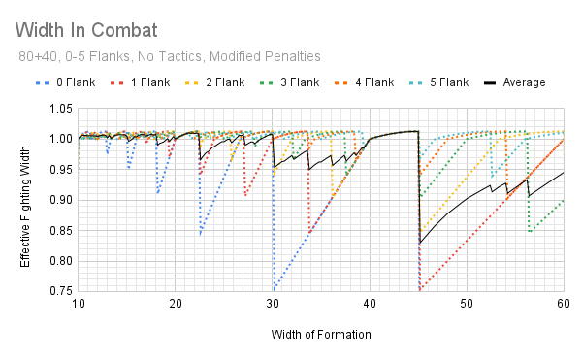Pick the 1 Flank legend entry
[148, 82]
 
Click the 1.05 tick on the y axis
[59, 108]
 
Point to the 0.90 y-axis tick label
[59, 199]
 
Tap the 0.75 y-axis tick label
[59, 290]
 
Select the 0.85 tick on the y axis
[59, 230]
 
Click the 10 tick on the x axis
[79, 304]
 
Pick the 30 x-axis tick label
[273, 304]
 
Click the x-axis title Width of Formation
[320, 335]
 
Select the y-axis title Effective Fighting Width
[27, 199]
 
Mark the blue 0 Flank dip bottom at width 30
[274, 289]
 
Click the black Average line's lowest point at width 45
[420, 243]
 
